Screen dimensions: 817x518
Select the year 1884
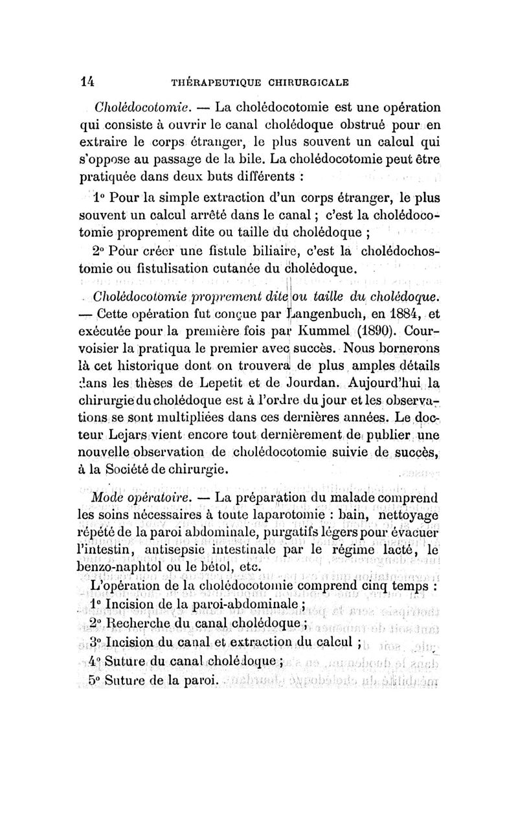(401, 316)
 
